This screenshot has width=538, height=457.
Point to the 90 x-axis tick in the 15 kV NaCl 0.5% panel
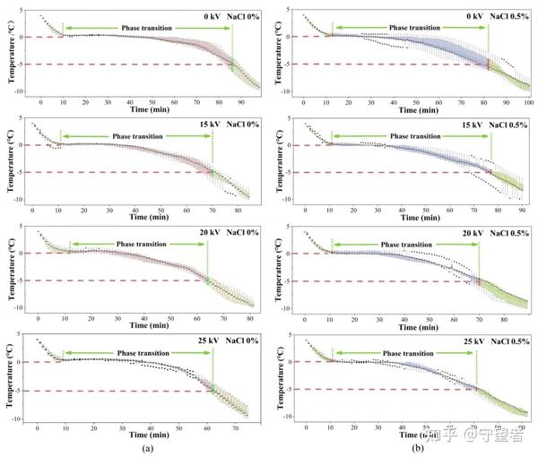coord(521,211)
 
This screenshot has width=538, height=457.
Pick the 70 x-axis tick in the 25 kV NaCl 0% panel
coord(234,429)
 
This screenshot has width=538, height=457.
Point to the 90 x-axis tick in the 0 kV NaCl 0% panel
coord(242,103)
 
